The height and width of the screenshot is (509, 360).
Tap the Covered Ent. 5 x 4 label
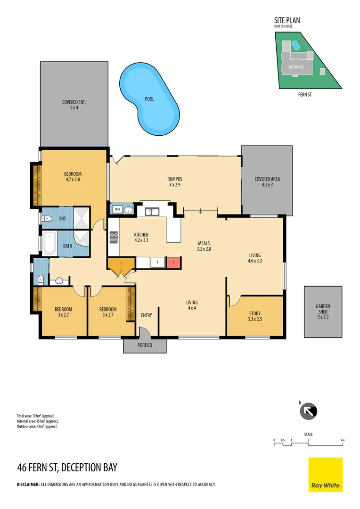click(74, 105)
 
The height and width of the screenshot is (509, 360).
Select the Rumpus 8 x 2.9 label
click(174, 182)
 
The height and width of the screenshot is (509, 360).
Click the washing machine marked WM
click(116, 209)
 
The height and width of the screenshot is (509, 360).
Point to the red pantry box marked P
click(174, 262)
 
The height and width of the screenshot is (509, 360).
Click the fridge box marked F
click(157, 262)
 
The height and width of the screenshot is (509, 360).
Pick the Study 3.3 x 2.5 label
click(254, 316)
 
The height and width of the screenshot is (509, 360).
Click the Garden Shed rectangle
click(323, 312)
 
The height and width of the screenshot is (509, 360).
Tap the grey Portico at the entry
click(145, 345)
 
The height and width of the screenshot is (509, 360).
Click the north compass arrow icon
click(309, 411)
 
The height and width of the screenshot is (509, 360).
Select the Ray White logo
click(325, 475)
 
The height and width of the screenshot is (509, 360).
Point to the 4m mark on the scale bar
click(343, 440)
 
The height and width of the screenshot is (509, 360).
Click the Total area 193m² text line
click(36, 416)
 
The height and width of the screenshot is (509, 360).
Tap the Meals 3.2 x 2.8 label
click(204, 246)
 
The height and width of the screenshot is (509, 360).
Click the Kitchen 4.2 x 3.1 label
click(141, 238)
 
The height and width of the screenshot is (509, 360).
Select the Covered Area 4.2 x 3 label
click(267, 182)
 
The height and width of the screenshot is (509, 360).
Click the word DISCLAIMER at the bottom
click(28, 484)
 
